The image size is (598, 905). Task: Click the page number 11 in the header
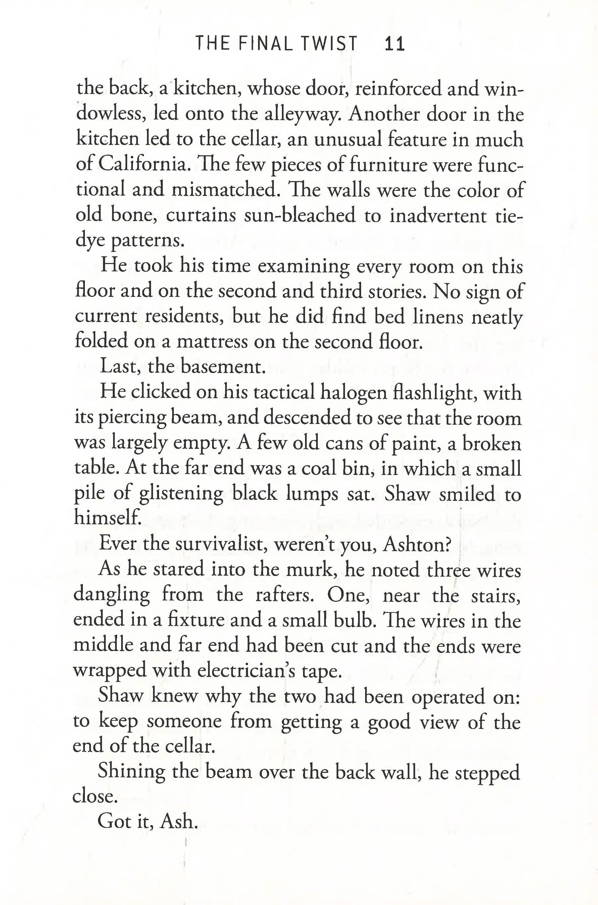point(394,44)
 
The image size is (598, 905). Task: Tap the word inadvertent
point(438,215)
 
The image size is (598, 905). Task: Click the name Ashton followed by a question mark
point(416,544)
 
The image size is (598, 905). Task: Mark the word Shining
point(131,773)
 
